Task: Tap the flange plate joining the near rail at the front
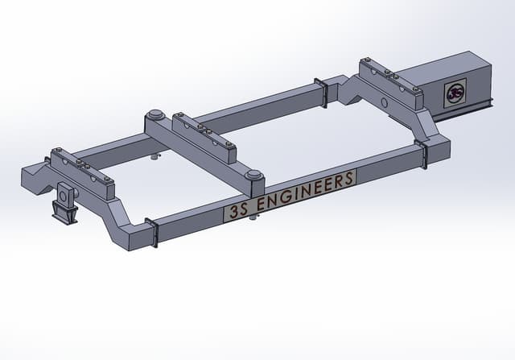(150, 233)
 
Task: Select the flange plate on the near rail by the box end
(421, 154)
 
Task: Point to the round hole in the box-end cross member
(384, 104)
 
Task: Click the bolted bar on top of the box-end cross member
(390, 83)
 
